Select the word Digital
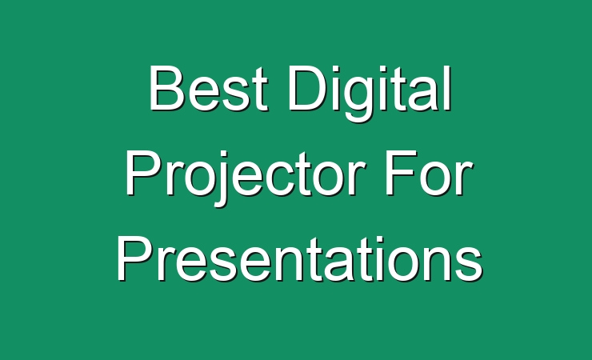coord(370,94)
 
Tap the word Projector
coord(246,178)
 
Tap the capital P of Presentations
coord(134,258)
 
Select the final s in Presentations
coord(469,265)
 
